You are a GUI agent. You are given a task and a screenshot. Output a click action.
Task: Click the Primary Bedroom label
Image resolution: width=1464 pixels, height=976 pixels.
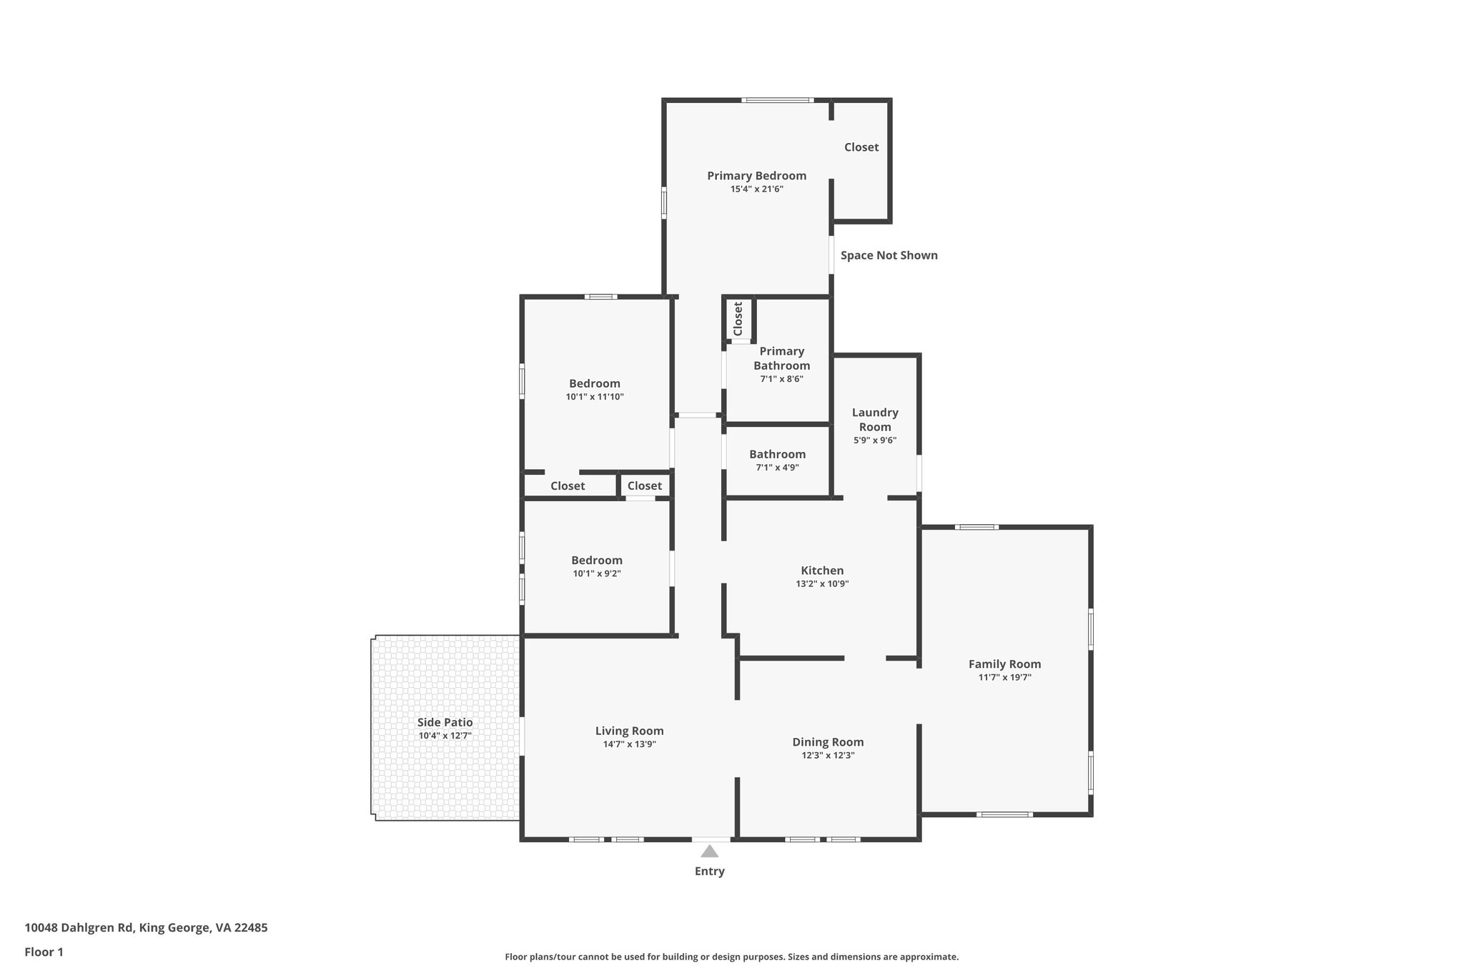(756, 176)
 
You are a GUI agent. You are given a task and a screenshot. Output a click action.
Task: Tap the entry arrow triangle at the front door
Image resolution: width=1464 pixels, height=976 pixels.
(709, 851)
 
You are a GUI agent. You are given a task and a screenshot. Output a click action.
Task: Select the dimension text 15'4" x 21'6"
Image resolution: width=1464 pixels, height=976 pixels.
(756, 189)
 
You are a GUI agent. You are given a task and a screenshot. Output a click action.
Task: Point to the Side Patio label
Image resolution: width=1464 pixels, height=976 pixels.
(445, 723)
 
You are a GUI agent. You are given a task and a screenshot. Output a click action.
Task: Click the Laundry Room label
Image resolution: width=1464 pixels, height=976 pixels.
(875, 420)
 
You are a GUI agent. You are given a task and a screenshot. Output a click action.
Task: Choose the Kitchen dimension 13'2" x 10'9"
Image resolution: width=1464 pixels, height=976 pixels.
(822, 584)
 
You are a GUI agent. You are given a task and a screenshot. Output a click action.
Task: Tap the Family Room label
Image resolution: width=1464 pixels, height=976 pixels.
(1004, 664)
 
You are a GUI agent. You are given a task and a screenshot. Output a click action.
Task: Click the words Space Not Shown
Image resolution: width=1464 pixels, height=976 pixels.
(889, 255)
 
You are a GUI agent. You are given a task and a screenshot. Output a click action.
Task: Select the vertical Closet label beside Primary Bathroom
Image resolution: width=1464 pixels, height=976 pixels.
(738, 318)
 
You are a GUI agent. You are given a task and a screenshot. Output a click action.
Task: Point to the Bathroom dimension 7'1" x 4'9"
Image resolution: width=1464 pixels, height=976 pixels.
(777, 468)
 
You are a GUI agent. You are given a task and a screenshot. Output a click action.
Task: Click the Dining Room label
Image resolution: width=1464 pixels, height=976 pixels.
(828, 742)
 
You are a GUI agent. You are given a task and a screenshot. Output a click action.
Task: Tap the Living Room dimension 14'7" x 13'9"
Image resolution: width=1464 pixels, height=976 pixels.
(629, 744)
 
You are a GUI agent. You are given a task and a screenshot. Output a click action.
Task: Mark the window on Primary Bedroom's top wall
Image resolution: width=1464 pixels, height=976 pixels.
(777, 100)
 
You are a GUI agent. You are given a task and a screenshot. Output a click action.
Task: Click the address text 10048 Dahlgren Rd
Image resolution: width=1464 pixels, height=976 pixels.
(79, 928)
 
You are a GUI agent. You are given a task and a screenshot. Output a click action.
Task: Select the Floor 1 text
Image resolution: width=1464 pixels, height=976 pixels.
(44, 952)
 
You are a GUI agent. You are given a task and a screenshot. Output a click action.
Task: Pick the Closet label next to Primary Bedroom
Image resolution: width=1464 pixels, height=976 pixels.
(861, 147)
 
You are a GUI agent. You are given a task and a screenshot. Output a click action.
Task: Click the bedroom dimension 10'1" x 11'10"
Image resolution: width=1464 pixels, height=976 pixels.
(595, 397)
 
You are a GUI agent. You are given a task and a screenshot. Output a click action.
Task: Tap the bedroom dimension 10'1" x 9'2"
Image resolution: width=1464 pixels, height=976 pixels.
(596, 573)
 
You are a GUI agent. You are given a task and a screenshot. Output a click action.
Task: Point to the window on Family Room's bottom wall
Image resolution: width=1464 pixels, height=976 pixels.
(1004, 814)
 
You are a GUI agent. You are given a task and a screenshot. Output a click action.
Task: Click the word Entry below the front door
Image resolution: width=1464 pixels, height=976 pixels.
(709, 872)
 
